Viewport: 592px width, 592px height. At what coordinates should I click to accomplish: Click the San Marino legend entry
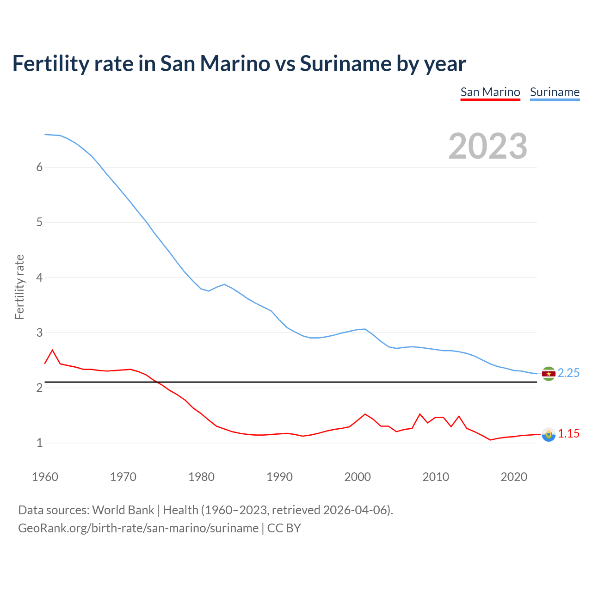[490, 92]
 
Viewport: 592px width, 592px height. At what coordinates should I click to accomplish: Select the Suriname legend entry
[555, 92]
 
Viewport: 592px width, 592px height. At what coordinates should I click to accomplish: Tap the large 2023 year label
[487, 146]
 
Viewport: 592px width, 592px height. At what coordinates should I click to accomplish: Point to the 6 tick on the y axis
[39, 167]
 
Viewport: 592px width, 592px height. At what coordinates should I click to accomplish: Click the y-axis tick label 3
[39, 333]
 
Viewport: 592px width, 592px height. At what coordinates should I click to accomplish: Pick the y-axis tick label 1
[39, 443]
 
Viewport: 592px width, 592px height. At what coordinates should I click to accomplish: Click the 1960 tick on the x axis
[45, 477]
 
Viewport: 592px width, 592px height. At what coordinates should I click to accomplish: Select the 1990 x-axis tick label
[279, 477]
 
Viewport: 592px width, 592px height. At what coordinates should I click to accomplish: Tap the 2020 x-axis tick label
[514, 477]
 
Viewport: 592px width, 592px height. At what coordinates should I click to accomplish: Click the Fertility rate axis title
[19, 287]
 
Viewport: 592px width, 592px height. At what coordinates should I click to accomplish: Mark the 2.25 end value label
[568, 373]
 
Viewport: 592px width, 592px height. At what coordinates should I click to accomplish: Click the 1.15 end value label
[568, 434]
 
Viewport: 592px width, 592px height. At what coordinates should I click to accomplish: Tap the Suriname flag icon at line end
[549, 374]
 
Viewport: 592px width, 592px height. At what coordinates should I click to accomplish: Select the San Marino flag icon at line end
[549, 434]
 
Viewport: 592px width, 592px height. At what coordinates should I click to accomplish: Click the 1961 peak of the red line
[52, 350]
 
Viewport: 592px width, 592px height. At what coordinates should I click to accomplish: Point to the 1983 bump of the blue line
[224, 284]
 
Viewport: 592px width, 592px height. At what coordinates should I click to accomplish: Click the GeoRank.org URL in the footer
[138, 528]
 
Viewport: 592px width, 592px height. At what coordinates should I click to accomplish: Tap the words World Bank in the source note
[123, 510]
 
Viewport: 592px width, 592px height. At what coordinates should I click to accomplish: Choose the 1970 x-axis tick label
[123, 477]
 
